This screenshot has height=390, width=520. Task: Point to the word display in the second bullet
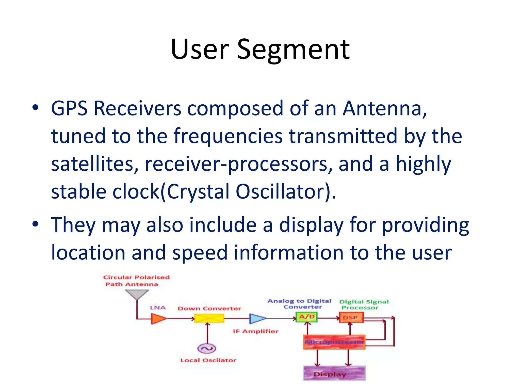311,225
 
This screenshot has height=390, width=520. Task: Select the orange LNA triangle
158,318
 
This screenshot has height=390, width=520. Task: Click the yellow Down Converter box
209,318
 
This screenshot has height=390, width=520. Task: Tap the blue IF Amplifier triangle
257,318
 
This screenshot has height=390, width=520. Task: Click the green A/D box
307,317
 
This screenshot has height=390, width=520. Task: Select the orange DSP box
351,317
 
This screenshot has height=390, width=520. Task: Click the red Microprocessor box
334,342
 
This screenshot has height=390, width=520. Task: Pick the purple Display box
334,373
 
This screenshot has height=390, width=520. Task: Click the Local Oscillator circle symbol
207,348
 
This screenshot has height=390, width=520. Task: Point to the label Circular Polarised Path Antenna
136,281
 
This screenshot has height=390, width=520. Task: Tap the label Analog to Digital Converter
300,304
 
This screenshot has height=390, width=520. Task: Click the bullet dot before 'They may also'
35,224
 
